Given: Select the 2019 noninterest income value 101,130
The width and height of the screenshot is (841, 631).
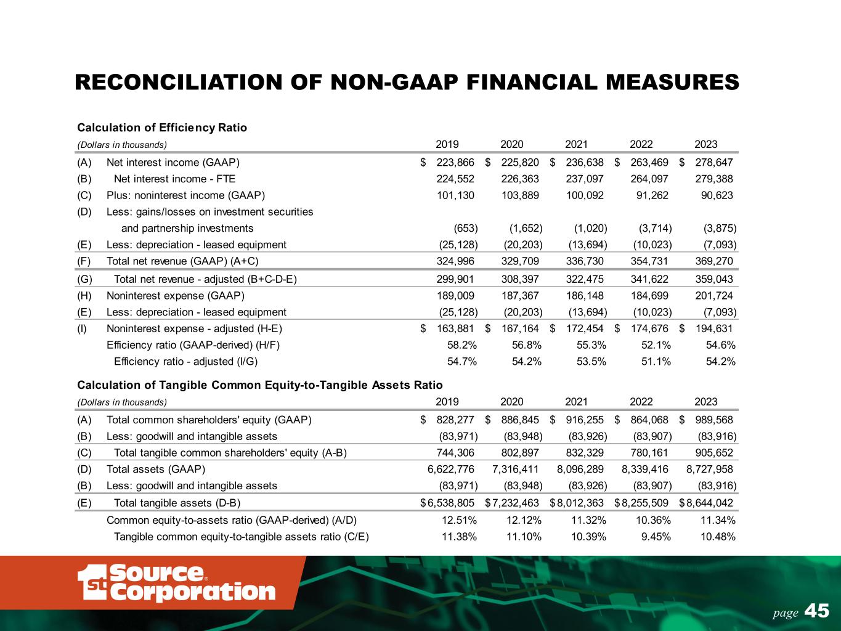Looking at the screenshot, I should pyautogui.click(x=455, y=195).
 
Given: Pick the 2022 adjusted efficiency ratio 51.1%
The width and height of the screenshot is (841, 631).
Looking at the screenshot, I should pyautogui.click(x=655, y=362).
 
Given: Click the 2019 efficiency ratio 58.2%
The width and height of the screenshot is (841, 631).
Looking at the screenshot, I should pyautogui.click(x=461, y=345).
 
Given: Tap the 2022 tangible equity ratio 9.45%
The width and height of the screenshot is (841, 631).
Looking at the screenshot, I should pyautogui.click(x=655, y=536).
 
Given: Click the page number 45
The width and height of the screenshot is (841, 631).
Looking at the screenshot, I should pyautogui.click(x=817, y=611).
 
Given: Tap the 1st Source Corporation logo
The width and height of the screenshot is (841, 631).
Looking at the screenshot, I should pyautogui.click(x=176, y=582).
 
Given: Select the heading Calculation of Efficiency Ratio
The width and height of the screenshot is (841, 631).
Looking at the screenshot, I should pyautogui.click(x=162, y=128).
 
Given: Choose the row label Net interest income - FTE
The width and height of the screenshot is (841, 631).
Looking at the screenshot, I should pyautogui.click(x=174, y=179).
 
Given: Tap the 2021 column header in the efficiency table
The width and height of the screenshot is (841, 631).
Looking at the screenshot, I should pyautogui.click(x=576, y=144).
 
